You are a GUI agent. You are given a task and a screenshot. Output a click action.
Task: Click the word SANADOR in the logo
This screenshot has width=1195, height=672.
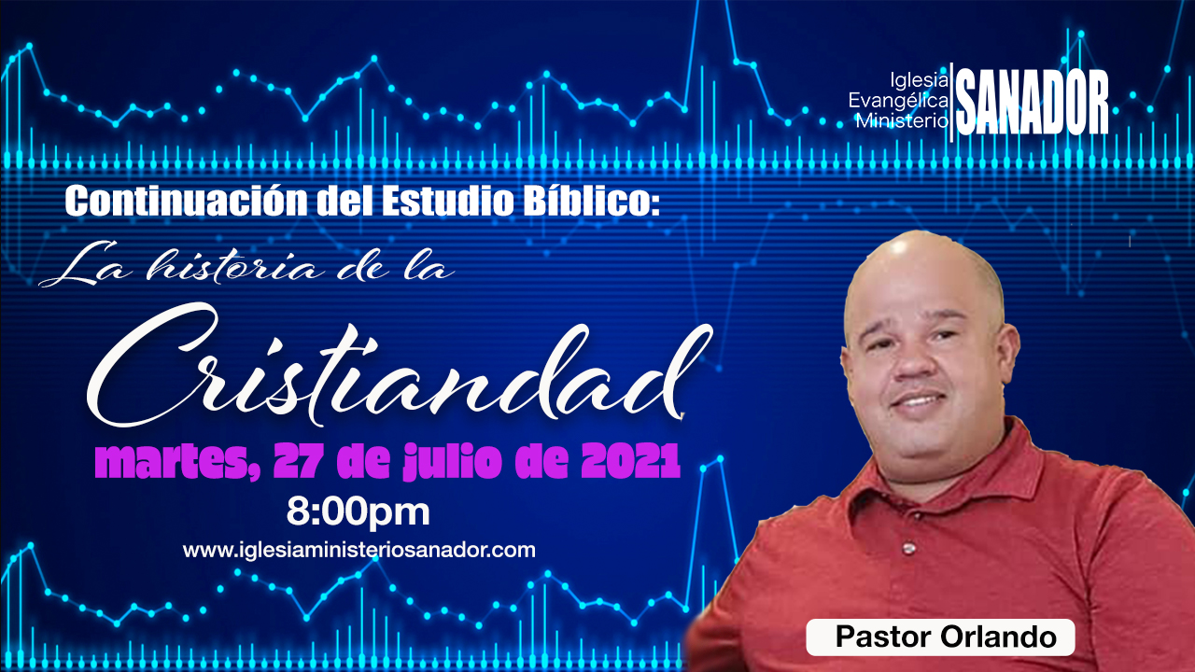tap(1032, 102)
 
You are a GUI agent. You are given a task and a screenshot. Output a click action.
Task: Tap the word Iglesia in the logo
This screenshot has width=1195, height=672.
tap(919, 80)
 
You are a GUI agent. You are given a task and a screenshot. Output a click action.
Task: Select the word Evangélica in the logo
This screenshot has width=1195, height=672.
tap(898, 100)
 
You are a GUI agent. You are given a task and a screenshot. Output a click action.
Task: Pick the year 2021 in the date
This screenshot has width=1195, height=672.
tap(630, 461)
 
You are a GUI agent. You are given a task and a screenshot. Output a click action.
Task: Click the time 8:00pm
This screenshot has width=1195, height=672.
tap(358, 512)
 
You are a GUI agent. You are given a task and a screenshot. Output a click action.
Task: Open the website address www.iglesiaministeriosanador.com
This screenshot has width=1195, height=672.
tap(359, 551)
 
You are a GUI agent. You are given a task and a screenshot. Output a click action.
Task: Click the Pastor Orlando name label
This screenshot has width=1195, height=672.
tap(940, 637)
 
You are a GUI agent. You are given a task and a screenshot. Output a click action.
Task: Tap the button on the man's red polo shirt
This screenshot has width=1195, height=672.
tap(908, 547)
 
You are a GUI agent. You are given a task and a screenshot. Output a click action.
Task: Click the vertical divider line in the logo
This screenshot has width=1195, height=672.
tap(951, 103)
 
